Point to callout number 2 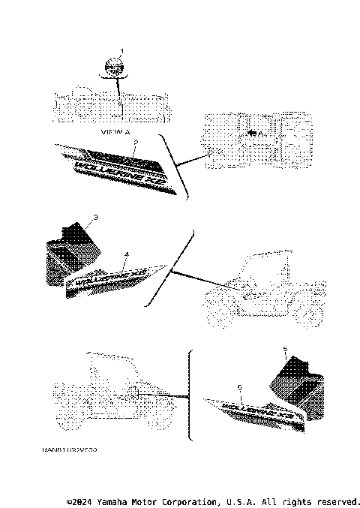[x=135, y=142]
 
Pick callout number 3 [x=95, y=218]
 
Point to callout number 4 [x=126, y=254]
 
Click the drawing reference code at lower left [x=69, y=450]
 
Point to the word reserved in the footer [x=339, y=500]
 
